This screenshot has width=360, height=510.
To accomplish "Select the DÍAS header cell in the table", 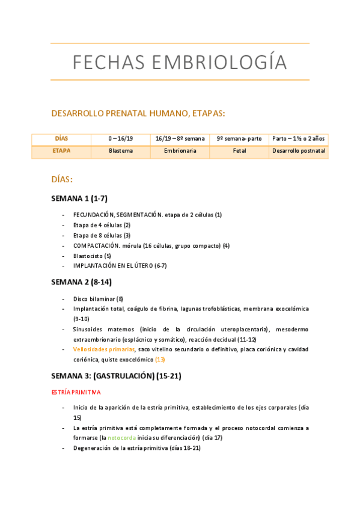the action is [61, 138].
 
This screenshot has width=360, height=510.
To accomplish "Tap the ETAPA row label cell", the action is [61, 151].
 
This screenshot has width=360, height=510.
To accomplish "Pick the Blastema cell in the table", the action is [120, 151].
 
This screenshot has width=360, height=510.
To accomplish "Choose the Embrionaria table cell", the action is [180, 151].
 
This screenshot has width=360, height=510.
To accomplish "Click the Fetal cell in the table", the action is [239, 151].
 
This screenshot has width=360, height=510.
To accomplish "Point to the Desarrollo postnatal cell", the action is [299, 151].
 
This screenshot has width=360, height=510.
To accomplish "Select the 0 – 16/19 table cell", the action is [120, 138].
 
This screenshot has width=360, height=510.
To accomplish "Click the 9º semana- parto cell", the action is [239, 138].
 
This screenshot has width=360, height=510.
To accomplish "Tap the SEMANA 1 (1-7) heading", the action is [79, 198].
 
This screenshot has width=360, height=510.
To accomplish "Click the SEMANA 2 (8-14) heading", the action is [81, 281].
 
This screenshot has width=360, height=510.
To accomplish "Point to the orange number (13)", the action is [160, 360].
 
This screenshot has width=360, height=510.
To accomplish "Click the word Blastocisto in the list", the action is [88, 256].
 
